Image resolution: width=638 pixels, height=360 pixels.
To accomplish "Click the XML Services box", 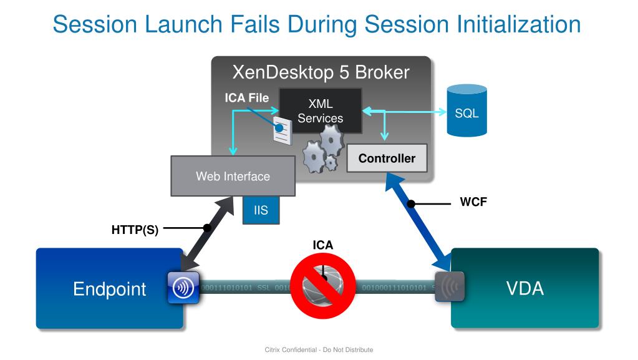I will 320,110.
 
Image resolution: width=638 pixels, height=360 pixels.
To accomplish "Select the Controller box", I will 387,158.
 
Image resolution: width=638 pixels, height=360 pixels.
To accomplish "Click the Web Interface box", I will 233,176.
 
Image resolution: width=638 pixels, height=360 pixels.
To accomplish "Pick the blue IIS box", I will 261,210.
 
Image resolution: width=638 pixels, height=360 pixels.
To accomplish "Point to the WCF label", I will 473,202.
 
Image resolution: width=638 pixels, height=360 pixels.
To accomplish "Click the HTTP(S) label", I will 135,230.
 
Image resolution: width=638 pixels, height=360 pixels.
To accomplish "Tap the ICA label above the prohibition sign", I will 323,245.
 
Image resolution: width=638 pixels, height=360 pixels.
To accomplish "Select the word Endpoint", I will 109,289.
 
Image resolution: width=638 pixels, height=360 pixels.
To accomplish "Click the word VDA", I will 524,288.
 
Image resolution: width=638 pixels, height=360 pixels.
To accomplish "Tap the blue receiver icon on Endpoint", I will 183,288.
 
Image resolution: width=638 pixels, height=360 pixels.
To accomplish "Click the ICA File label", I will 247,98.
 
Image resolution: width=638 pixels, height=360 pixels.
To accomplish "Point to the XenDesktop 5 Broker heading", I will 321,72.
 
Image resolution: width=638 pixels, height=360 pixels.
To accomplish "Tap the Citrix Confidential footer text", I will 319,350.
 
